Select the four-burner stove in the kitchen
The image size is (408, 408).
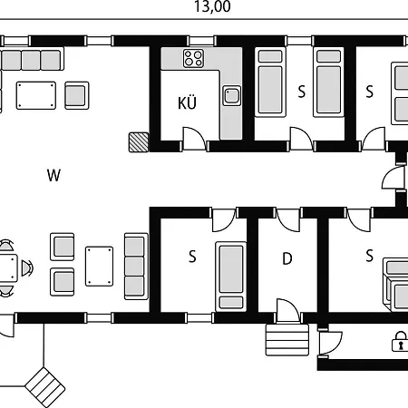click(x=193, y=61)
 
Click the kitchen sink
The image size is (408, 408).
click(x=232, y=94)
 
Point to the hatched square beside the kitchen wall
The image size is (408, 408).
click(x=138, y=141)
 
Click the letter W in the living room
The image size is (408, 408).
click(x=54, y=176)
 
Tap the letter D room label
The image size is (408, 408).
click(x=287, y=258)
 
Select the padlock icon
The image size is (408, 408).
click(x=398, y=342)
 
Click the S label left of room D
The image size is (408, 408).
click(x=192, y=257)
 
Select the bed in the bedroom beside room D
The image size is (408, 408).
click(x=231, y=274)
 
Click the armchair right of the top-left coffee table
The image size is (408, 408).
click(x=76, y=94)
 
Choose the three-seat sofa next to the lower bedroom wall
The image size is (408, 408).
click(x=135, y=266)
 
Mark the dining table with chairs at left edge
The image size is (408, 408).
click(x=6, y=267)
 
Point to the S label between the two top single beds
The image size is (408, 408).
click(x=301, y=91)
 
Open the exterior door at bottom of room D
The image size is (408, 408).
click(x=289, y=313)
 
